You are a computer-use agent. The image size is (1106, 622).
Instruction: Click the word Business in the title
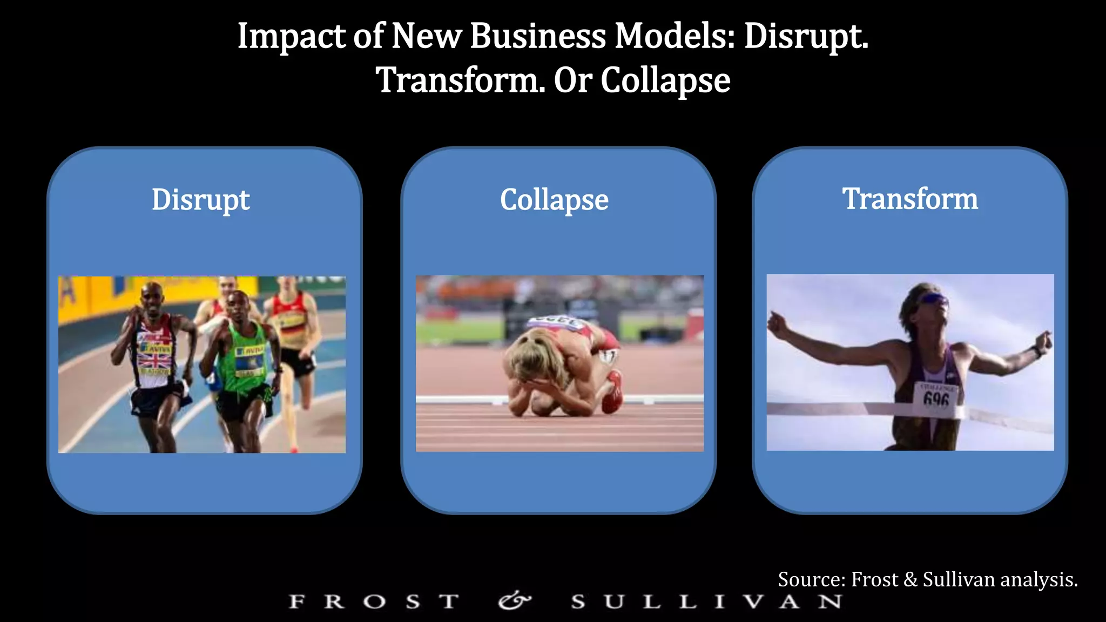coord(538,37)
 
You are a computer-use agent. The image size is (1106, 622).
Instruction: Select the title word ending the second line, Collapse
coord(665,81)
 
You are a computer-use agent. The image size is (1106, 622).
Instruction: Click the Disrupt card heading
coord(200,200)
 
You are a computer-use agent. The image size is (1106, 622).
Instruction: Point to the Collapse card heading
coord(554,200)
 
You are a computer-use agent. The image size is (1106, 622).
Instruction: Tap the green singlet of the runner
coord(246,356)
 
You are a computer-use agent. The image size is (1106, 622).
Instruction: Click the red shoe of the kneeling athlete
coord(613,391)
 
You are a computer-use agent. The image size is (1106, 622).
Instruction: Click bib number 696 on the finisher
coord(936,398)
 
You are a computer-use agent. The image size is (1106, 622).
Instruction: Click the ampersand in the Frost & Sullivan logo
coord(514,600)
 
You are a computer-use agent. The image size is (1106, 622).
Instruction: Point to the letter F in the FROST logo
coord(296,601)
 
